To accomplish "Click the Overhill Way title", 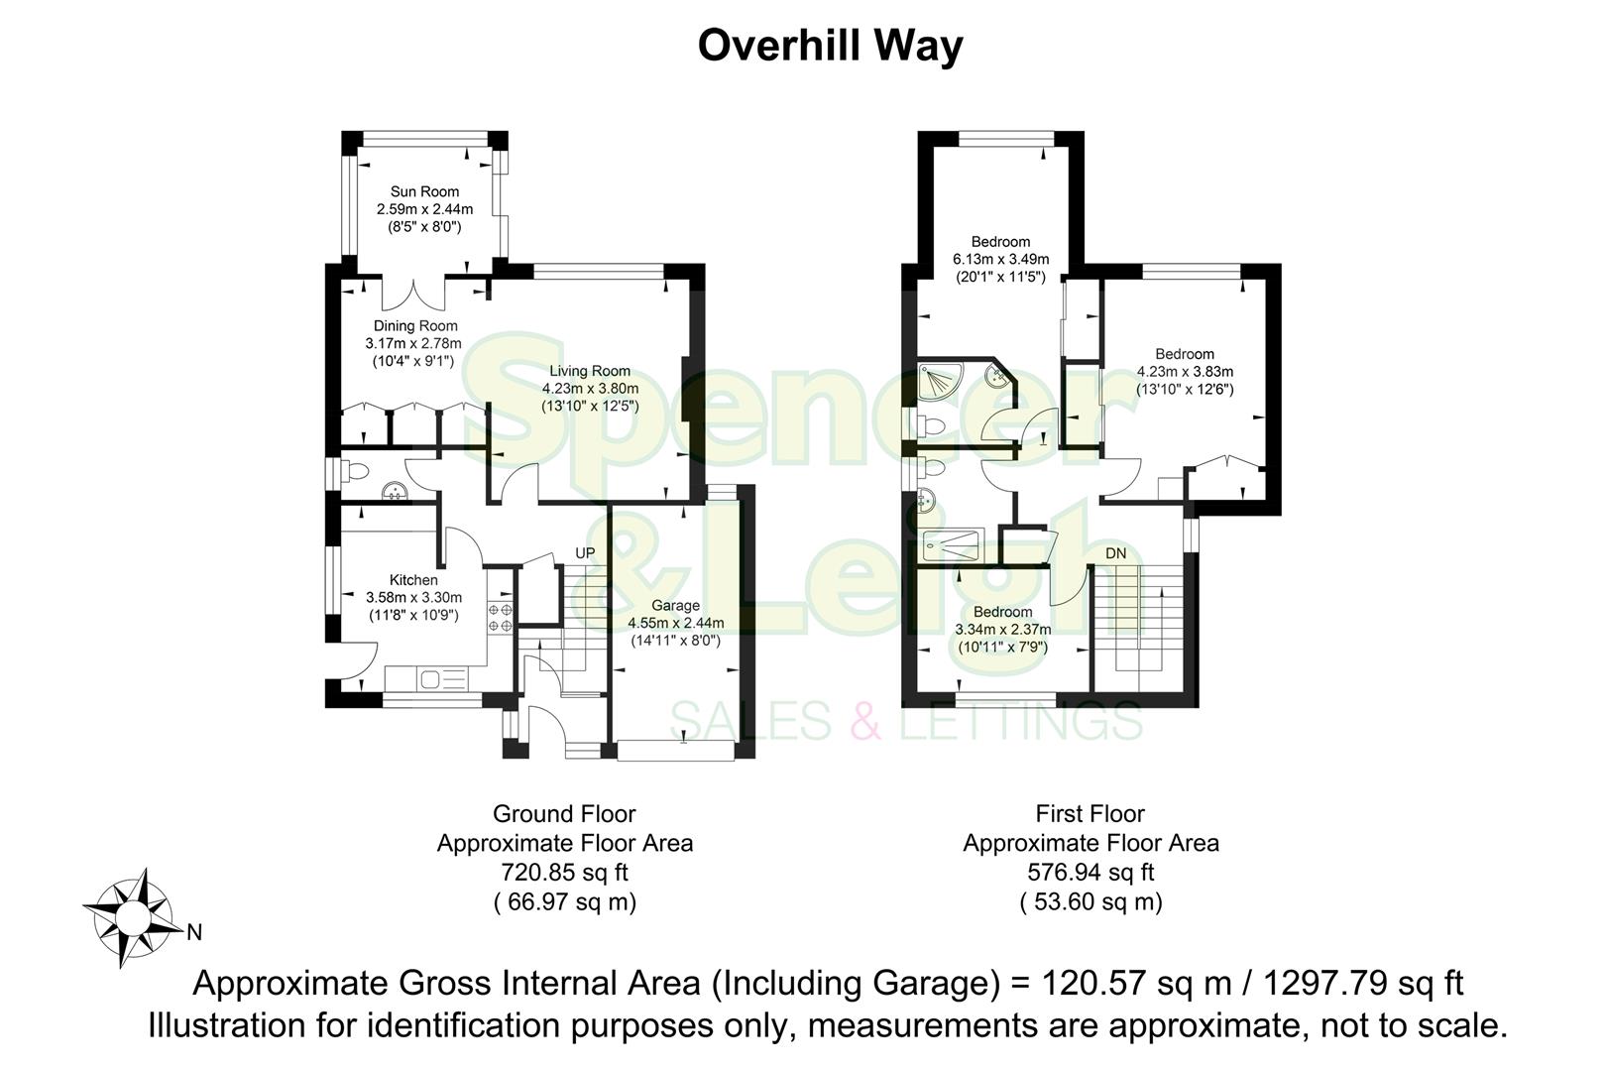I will [x=830, y=46].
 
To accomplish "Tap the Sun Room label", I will [x=424, y=191].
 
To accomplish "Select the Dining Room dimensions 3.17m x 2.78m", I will [x=413, y=343].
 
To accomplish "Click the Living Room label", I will [x=590, y=371].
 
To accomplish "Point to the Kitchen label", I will [x=413, y=580].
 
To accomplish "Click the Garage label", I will [x=675, y=605].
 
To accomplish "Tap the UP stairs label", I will [x=585, y=552].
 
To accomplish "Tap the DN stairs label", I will [x=1115, y=553].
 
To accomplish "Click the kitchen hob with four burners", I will [x=500, y=618].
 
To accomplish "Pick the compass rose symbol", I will [x=130, y=917].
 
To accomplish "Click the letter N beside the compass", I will [x=195, y=932].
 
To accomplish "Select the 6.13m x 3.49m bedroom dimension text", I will [x=1000, y=259].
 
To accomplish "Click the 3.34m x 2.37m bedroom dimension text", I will [x=1002, y=629].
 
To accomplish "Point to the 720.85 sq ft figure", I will [x=564, y=873].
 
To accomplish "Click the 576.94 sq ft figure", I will [x=1090, y=873].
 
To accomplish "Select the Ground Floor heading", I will [x=564, y=814].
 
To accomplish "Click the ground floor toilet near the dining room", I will [x=356, y=470].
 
